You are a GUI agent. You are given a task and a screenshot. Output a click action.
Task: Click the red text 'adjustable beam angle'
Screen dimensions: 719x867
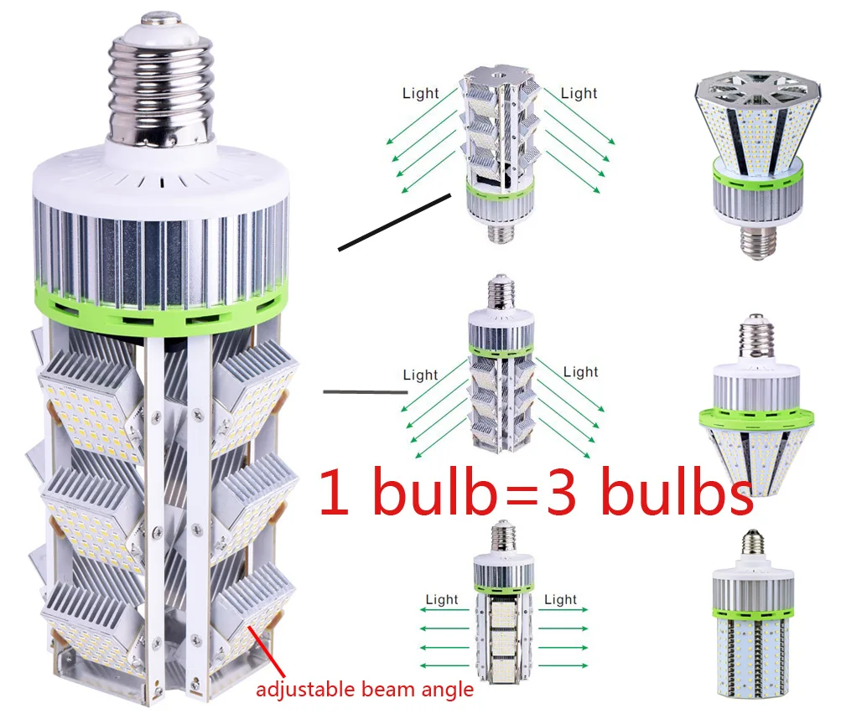pos(365,690)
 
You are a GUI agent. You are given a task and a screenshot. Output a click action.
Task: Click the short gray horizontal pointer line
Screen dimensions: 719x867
pos(360,391)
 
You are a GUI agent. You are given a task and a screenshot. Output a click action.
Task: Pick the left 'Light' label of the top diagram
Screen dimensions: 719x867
pos(420,93)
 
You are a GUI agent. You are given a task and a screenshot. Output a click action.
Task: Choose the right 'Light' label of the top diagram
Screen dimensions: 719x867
pos(579,93)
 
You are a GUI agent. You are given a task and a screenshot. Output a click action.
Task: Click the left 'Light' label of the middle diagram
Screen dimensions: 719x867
pos(420,375)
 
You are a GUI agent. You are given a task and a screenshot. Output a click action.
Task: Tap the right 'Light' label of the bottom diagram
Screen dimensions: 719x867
pos(560,599)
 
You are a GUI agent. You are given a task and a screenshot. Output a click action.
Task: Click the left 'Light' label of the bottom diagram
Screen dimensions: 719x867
pos(442,599)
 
